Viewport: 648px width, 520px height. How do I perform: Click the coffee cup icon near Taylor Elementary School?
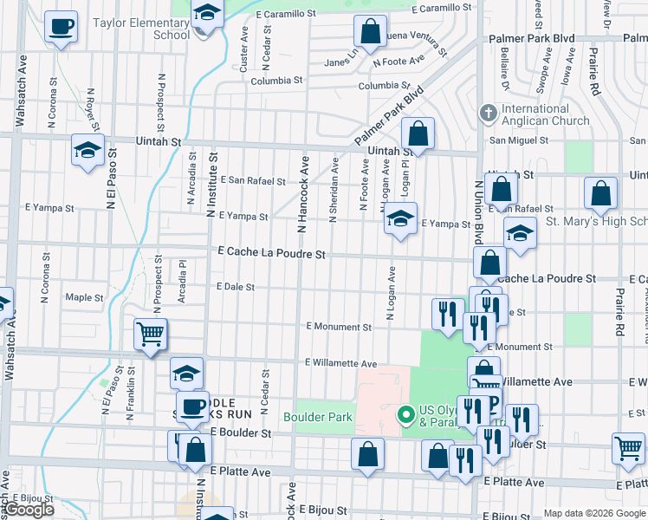[x=61, y=27]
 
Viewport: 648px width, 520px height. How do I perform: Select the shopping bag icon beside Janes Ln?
[x=370, y=33]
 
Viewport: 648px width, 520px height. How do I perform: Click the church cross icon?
[x=488, y=114]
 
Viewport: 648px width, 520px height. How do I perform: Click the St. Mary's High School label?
[x=596, y=221]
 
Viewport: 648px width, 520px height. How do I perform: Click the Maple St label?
[x=84, y=297]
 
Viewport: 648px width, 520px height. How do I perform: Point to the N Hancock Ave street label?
[x=303, y=194]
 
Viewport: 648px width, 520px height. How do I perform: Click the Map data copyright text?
[x=594, y=513]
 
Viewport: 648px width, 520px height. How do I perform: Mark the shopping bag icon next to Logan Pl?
[x=418, y=134]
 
